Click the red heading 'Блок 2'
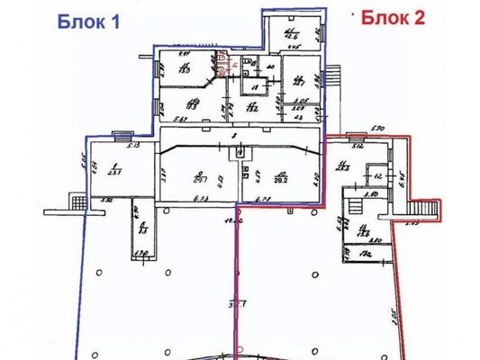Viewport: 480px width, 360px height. pos(393,18)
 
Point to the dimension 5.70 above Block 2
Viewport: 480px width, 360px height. pos(376,130)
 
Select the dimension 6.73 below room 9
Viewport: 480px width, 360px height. pos(202,198)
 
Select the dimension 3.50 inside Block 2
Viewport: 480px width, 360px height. pos(369,194)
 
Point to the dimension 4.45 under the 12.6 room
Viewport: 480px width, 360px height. pos(294,50)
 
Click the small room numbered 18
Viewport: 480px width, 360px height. pos(255,87)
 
